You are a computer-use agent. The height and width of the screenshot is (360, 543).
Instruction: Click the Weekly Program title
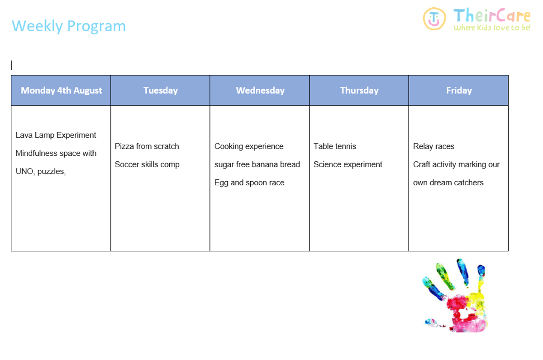[x=69, y=26]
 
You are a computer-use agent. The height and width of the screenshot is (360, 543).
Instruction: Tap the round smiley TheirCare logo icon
[x=434, y=19]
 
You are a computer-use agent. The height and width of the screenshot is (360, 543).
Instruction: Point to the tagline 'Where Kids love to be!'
[x=492, y=28]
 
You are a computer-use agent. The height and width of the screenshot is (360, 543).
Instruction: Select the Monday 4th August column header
[x=62, y=91]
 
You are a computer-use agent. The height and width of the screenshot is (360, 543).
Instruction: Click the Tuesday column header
[x=161, y=91]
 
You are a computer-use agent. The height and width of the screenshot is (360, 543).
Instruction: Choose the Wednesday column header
[x=260, y=91]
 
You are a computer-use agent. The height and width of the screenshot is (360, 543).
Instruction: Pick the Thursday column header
[x=359, y=91]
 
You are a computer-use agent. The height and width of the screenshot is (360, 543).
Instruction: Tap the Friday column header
[x=459, y=91]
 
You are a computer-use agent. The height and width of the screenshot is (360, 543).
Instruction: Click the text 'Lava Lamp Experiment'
[x=56, y=135]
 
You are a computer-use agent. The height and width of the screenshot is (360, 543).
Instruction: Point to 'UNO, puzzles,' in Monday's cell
[x=41, y=172]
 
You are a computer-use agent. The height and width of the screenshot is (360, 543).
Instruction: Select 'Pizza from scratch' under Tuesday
[x=147, y=146]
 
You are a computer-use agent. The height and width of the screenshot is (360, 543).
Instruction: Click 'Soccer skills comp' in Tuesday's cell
[x=147, y=164]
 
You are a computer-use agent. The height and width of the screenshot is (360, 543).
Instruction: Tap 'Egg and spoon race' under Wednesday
[x=249, y=182]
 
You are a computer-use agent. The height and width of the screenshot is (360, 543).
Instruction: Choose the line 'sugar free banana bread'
[x=257, y=164]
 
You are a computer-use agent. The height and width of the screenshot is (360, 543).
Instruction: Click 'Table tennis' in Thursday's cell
[x=334, y=146]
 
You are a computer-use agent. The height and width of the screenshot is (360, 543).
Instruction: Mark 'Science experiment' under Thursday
[x=348, y=164]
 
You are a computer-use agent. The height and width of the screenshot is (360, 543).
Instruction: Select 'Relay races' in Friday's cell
[x=433, y=146]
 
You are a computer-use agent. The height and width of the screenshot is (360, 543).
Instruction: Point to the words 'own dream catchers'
[x=448, y=182]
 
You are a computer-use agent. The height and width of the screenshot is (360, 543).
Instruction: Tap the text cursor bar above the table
[x=12, y=65]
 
